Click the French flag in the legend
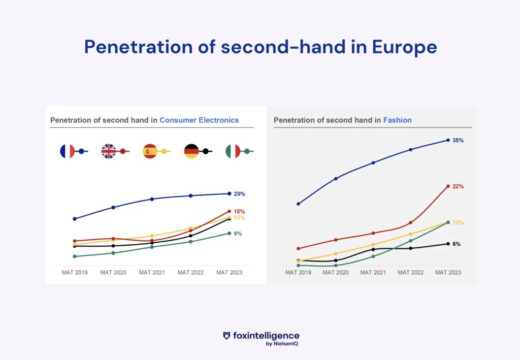[68, 151]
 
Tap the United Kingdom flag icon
[109, 151]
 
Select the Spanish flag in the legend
[150, 151]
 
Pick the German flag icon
[191, 151]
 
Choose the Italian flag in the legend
[233, 151]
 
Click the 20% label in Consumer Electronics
[240, 194]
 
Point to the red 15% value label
[240, 212]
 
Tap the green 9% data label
[238, 234]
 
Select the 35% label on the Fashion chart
[458, 141]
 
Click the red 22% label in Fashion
[458, 187]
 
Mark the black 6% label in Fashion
[457, 244]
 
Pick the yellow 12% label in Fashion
[458, 223]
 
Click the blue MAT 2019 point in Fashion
[299, 204]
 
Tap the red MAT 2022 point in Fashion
[410, 222]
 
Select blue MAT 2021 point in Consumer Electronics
[152, 199]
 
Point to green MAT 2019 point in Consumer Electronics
[75, 256]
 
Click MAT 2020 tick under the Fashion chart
[336, 273]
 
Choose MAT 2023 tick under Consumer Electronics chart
[229, 273]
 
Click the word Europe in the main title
[404, 47]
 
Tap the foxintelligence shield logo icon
[226, 336]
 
